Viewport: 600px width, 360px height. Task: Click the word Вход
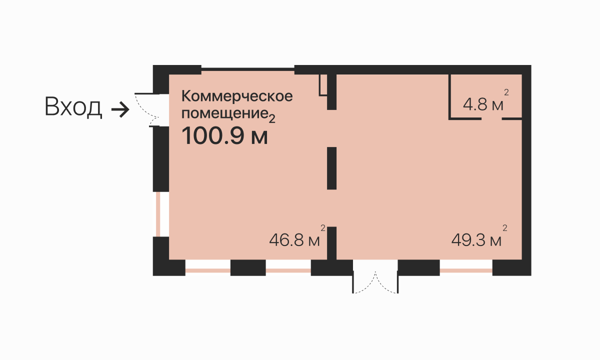click(x=73, y=107)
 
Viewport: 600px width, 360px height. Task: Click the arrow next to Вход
click(x=120, y=109)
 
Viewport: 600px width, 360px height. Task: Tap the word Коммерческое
click(x=237, y=96)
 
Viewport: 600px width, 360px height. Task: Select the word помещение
click(x=225, y=113)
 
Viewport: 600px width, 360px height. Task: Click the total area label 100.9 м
click(x=224, y=136)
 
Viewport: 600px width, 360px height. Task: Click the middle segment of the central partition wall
click(x=331, y=168)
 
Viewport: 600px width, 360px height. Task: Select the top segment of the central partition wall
click(x=331, y=92)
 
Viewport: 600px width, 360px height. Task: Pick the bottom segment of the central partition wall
click(x=331, y=243)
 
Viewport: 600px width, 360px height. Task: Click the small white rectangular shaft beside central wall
click(x=323, y=84)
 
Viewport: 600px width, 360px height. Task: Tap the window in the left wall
click(x=160, y=214)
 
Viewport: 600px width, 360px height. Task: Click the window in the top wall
click(x=248, y=69)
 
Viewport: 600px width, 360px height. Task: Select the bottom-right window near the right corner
click(x=466, y=267)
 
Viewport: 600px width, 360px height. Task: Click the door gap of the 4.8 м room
click(x=492, y=118)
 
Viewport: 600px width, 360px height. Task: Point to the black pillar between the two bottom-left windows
click(x=248, y=267)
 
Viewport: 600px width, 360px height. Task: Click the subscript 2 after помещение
click(x=272, y=119)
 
